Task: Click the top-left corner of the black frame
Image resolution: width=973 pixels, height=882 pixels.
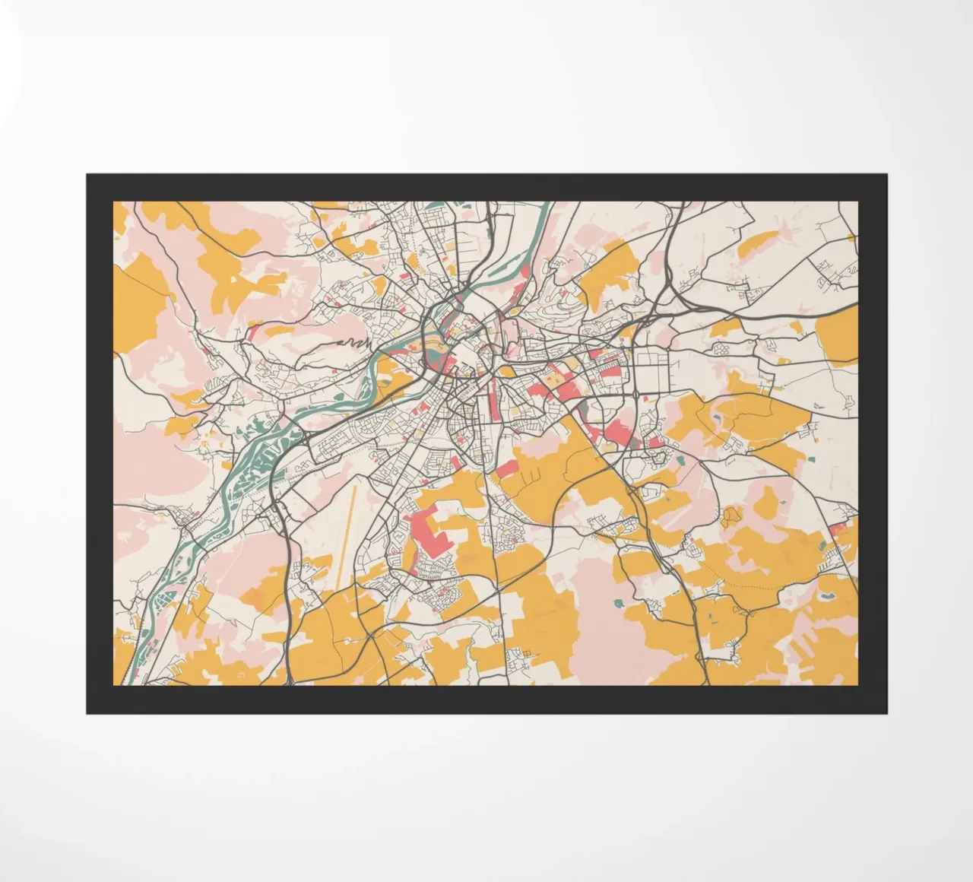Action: [x=87, y=175]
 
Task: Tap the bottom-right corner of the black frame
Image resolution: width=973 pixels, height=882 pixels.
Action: [x=886, y=713]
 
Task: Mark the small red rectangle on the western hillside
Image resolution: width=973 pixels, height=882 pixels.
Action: [x=252, y=332]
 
